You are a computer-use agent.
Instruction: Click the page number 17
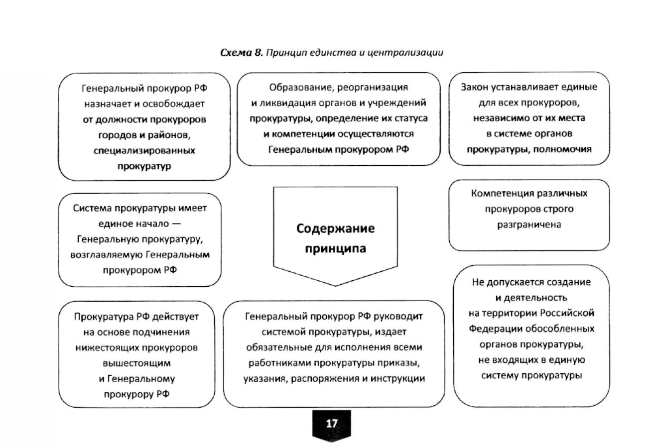332,424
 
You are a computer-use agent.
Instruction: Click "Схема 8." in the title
241,53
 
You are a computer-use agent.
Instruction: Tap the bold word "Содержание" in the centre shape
335,228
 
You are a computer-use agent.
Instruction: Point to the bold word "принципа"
335,248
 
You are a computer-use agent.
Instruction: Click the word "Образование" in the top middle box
301,88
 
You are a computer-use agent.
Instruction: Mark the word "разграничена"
529,224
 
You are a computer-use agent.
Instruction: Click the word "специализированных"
144,150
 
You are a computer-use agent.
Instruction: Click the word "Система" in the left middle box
91,208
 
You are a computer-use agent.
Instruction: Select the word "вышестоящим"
136,363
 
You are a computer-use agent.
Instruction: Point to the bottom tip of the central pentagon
335,286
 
